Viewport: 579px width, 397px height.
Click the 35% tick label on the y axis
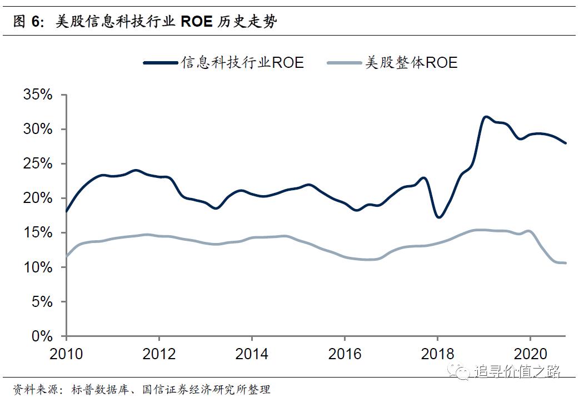coord(38,95)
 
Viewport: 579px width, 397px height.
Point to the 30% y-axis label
coord(38,130)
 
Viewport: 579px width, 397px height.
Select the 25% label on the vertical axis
coord(38,164)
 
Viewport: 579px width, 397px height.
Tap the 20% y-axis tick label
coord(38,198)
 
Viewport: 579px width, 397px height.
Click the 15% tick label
coord(38,233)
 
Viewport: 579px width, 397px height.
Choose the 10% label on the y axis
coord(38,267)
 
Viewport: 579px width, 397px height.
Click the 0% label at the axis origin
coord(42,336)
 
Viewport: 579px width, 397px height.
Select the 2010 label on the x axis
coord(66,354)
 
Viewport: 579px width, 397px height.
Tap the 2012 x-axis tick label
coord(159,354)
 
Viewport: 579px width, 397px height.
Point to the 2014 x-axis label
coord(252,354)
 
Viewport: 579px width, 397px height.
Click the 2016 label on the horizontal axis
coord(345,354)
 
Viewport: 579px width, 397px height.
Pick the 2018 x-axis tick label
coord(437,354)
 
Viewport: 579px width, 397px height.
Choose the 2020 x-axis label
coord(530,354)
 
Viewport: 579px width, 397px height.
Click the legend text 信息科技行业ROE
coord(242,63)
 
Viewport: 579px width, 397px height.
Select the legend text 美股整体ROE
coord(411,63)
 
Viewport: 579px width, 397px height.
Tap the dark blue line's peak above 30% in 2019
coord(486,117)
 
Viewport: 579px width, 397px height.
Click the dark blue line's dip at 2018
coord(438,217)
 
